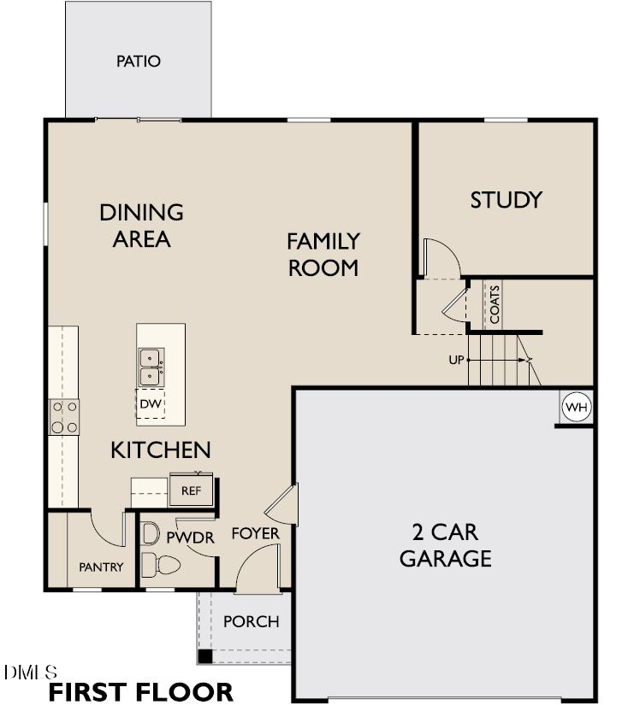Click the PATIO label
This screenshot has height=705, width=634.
[139, 62]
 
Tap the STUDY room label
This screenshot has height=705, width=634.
[507, 200]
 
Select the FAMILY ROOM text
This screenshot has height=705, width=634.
[323, 255]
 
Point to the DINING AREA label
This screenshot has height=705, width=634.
[142, 226]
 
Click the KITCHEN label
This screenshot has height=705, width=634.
[161, 449]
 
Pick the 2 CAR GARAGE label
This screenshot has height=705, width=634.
[445, 545]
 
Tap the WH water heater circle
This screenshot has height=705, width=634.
[577, 408]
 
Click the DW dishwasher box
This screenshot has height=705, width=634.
[151, 403]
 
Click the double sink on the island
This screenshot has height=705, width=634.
[151, 366]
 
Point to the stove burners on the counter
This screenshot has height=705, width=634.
[64, 417]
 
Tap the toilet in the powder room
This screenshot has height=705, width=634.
[163, 565]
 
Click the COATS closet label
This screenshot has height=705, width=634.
[495, 303]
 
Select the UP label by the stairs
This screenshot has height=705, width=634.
[455, 360]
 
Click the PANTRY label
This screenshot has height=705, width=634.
[101, 567]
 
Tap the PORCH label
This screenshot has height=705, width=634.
[251, 621]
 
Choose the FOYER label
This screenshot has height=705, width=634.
[255, 534]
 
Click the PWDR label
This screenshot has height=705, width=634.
[183, 538]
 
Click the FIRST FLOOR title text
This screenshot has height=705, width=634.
[140, 691]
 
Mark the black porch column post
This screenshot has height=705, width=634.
[204, 656]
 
